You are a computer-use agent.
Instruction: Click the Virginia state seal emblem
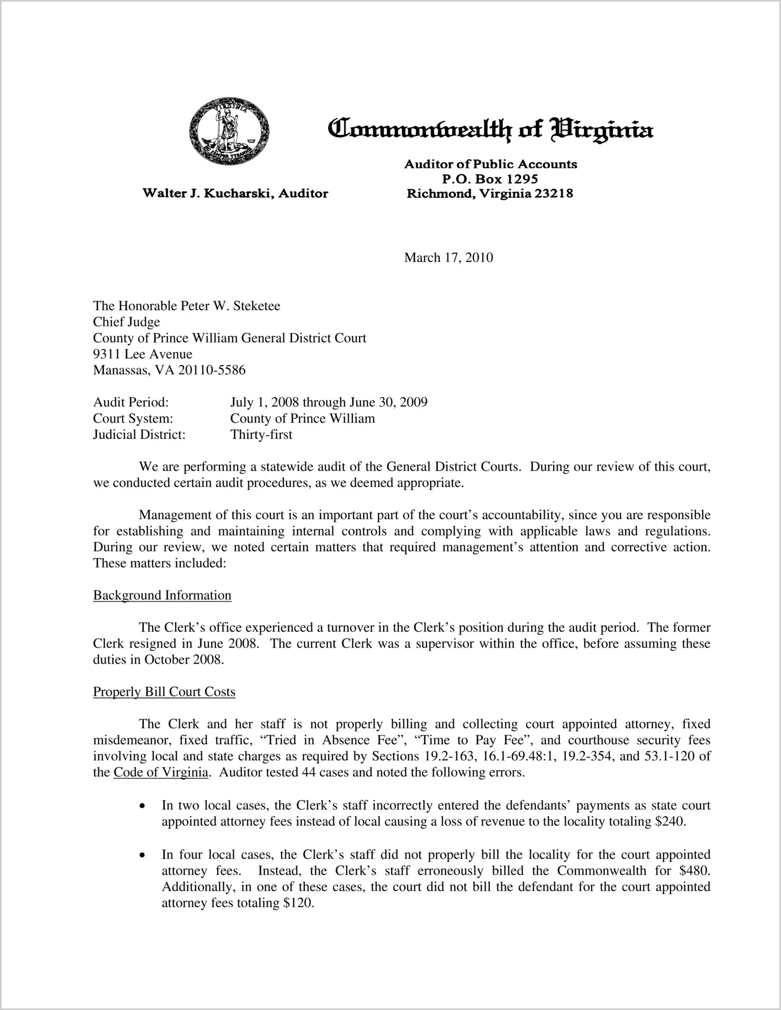229,131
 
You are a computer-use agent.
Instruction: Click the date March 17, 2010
449,257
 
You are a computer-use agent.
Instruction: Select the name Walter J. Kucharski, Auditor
235,194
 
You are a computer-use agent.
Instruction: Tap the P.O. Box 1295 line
490,179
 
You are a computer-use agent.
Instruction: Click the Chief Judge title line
127,322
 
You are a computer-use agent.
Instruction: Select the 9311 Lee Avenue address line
143,354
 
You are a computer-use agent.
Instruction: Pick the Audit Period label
131,402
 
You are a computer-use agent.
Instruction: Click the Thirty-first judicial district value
261,435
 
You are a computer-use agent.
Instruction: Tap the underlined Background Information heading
162,595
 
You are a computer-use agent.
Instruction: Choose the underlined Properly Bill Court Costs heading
164,691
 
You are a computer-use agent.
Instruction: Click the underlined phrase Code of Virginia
160,772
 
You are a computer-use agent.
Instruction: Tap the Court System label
133,418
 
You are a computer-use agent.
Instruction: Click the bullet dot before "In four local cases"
142,855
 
